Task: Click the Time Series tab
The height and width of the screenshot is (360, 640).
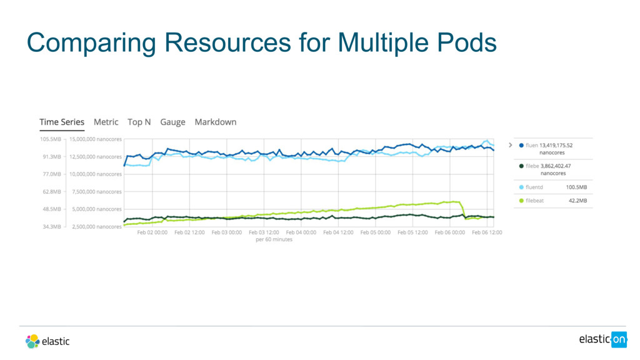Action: pos(61,122)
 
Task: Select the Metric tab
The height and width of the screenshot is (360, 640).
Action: pos(106,122)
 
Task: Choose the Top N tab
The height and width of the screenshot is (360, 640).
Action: pos(139,122)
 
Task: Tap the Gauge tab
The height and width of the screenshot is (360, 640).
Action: pos(172,122)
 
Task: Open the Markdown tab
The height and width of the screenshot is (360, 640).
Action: pos(216,122)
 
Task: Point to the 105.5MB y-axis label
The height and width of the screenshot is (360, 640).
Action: pos(50,139)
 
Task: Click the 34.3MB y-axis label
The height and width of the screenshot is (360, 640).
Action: pos(50,227)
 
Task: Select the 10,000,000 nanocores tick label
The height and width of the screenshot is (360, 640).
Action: pos(96,174)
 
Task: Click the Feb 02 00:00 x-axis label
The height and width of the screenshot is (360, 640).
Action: pos(152,232)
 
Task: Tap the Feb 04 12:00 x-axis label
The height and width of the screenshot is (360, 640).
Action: pos(338,232)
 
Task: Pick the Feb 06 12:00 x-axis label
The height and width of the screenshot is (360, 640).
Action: pos(487,232)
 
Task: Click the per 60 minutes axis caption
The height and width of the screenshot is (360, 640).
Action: pos(274,239)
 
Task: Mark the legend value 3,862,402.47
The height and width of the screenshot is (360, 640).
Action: pos(555,166)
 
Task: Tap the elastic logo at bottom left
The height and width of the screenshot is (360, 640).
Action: pos(47,341)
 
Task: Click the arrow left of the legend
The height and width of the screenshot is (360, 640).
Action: pos(510,145)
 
